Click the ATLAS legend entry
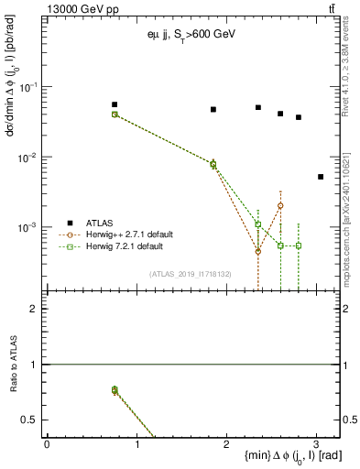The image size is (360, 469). coord(100,223)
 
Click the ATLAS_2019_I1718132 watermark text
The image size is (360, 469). coord(190,273)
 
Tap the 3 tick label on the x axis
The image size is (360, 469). coord(316,444)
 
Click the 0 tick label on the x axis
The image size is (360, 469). coord(47,444)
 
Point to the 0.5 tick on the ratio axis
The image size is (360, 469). coord(30,420)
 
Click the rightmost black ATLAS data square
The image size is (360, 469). coord(320,177)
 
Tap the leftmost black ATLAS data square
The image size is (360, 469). coord(115,104)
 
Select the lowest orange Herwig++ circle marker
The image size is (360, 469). coord(258,251)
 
